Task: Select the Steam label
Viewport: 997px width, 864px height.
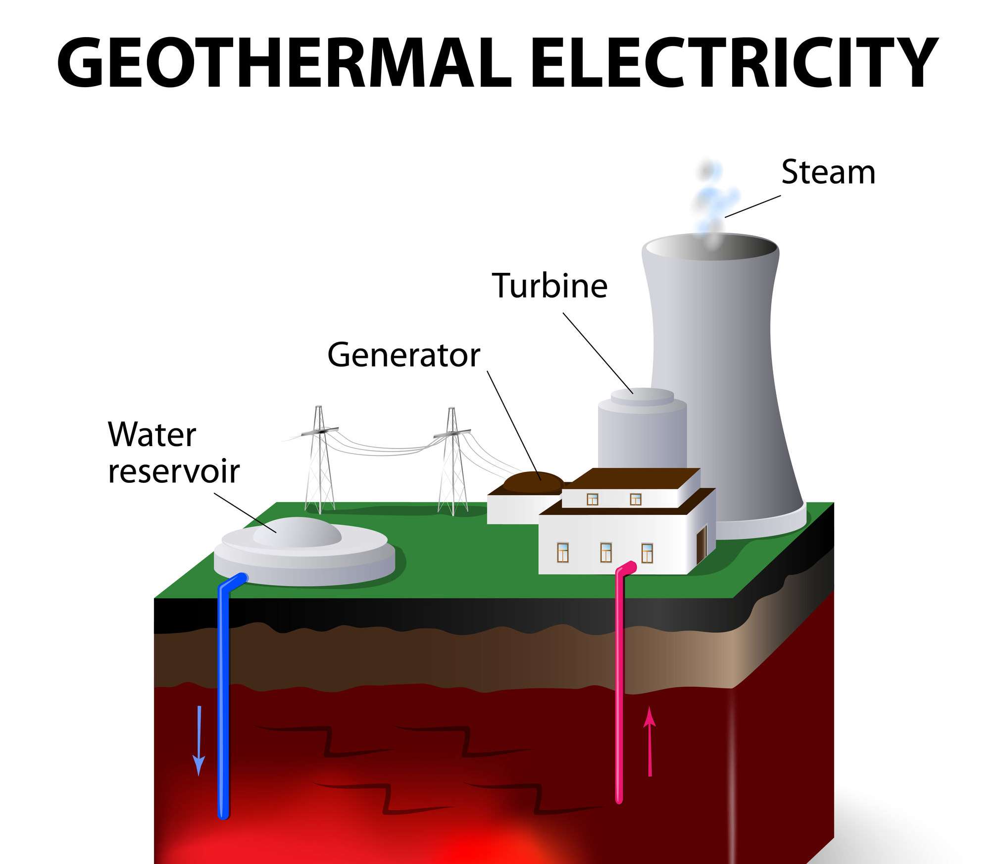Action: point(828,172)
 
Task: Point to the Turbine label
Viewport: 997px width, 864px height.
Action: point(549,286)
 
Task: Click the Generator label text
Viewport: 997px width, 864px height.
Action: point(403,356)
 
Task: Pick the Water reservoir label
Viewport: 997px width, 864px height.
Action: point(173,453)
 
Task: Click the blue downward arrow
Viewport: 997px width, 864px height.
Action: point(199,740)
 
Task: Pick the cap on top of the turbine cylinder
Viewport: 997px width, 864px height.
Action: point(642,396)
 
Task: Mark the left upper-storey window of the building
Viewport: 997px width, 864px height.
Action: point(592,499)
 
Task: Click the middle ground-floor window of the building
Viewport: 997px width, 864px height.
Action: point(605,553)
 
